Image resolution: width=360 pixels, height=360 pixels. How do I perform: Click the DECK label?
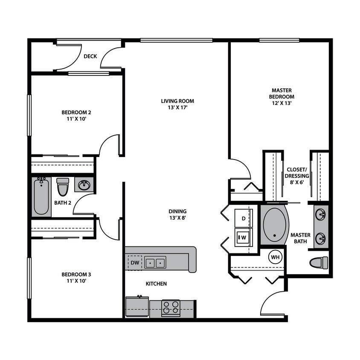point(90,56)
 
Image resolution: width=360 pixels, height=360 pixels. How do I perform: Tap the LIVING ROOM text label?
point(177,104)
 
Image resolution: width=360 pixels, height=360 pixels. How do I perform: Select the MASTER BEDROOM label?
point(281,96)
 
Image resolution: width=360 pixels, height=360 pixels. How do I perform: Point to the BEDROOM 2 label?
point(76,116)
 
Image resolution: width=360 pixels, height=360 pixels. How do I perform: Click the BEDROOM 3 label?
point(76,277)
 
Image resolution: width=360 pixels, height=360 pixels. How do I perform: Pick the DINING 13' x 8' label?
point(177,214)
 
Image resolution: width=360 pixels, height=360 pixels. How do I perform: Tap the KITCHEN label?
point(156,284)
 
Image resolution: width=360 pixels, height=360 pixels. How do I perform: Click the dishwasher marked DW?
point(135,262)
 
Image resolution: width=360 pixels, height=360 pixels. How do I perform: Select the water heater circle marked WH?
point(276,257)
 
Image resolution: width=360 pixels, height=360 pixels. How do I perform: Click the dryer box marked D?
point(244,219)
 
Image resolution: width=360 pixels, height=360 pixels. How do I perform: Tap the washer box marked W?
point(244,236)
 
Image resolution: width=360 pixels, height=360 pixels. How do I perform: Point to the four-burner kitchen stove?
point(171,308)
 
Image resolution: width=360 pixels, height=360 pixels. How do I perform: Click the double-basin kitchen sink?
point(155,262)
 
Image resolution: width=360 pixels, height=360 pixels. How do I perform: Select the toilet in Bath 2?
point(63,186)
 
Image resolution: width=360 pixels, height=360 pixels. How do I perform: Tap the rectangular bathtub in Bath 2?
point(41,196)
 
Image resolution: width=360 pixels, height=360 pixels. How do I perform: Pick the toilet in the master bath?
point(319,262)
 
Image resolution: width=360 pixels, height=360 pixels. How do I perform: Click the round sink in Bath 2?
point(84,185)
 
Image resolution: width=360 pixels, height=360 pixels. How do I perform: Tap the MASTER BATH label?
point(300,238)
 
